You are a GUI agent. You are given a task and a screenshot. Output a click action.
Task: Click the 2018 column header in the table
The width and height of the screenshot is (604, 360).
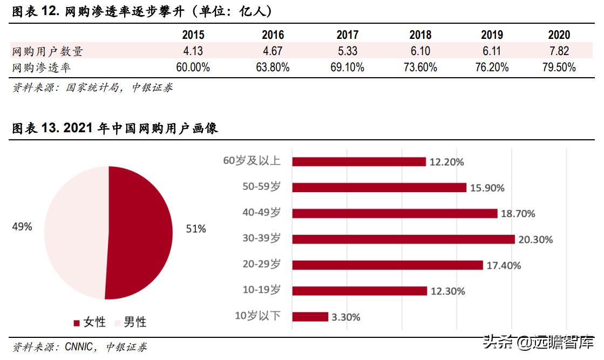(x=420, y=35)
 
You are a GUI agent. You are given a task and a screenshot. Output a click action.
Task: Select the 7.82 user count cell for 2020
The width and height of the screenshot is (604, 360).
(x=559, y=51)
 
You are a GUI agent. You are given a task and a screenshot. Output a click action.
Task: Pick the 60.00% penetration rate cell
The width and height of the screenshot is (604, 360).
(x=193, y=67)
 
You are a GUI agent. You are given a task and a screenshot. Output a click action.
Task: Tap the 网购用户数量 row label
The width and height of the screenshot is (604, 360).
(x=48, y=52)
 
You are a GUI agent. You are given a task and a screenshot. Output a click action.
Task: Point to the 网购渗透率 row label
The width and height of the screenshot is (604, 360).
(x=42, y=68)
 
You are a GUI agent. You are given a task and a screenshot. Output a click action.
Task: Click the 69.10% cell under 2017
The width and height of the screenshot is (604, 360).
(x=347, y=67)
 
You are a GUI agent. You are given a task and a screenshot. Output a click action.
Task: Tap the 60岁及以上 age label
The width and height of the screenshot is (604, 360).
(x=252, y=161)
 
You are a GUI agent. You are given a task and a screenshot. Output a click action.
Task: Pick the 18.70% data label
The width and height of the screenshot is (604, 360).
(x=518, y=214)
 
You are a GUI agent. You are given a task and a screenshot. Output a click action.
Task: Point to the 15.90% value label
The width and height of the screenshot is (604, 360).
(x=487, y=188)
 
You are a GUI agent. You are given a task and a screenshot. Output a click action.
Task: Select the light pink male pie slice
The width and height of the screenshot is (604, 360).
(x=76, y=232)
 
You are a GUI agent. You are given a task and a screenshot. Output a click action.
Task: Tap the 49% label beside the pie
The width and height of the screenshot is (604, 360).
(x=22, y=227)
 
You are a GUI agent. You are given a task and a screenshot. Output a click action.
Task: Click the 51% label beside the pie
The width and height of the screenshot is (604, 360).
(x=196, y=229)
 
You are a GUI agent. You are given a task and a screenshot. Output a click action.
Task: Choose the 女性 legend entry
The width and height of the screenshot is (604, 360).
(x=90, y=322)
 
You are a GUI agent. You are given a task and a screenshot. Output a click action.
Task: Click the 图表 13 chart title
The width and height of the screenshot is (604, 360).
(x=114, y=128)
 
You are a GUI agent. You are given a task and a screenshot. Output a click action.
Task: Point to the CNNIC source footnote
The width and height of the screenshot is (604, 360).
(x=80, y=347)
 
